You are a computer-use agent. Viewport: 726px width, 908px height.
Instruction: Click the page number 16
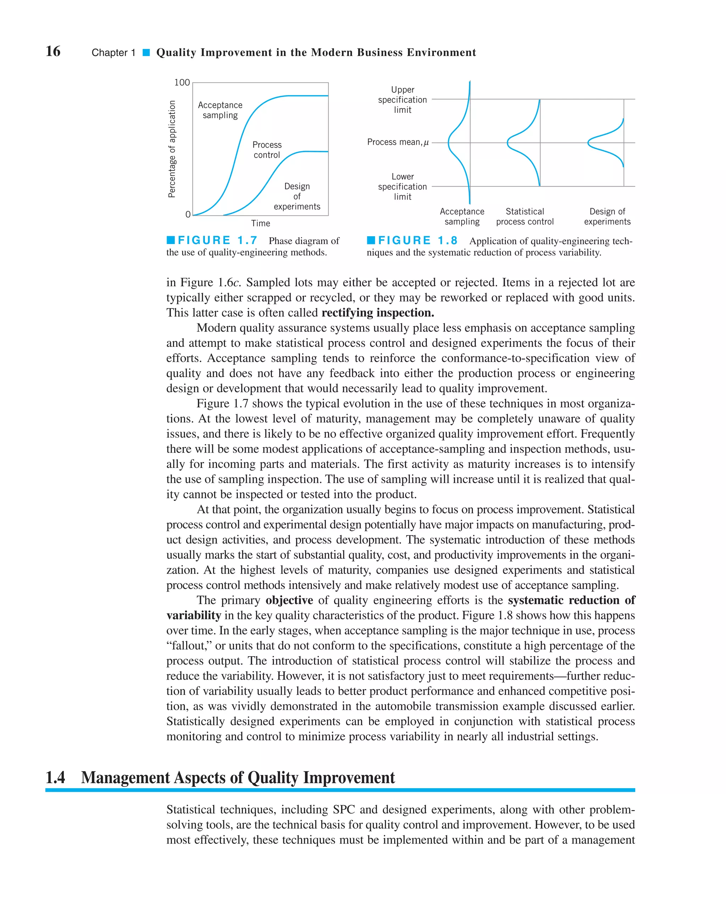point(53,51)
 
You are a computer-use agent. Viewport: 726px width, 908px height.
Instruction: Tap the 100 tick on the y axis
point(182,83)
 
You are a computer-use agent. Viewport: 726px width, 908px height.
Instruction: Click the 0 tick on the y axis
point(188,214)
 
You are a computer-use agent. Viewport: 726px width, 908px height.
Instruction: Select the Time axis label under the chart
point(261,223)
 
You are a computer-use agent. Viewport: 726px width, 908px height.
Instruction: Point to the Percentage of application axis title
point(172,149)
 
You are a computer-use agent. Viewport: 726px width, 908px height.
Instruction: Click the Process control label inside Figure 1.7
point(267,150)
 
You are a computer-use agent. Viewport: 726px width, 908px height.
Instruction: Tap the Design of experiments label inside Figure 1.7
point(297,196)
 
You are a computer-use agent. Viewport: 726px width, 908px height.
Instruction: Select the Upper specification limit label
point(402,100)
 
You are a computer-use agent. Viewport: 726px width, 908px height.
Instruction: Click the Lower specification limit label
point(402,187)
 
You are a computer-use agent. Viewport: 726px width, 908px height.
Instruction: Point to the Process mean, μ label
point(398,142)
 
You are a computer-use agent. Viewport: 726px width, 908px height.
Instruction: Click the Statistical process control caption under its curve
point(525,216)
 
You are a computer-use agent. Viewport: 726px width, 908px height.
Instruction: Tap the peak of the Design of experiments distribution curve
point(588,143)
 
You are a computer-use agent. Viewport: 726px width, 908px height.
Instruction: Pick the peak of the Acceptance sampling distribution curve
point(449,143)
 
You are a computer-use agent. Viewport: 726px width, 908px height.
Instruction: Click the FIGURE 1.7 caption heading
point(217,240)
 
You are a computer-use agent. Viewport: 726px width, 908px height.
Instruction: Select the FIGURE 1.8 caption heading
point(418,240)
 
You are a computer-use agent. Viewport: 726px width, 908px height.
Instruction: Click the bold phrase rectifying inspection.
point(378,312)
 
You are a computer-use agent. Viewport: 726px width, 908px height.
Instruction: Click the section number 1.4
point(55,777)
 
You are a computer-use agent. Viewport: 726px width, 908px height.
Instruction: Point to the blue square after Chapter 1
point(146,52)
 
